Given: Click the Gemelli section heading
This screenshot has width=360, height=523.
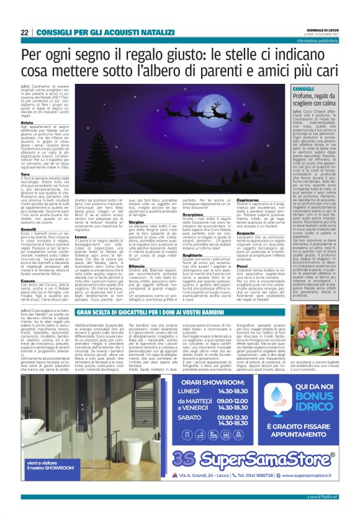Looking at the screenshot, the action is [x=29, y=229].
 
